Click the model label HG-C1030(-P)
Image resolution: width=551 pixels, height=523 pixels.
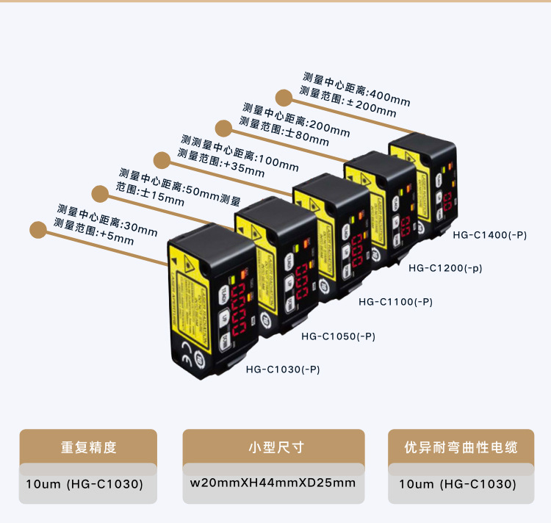[283, 369]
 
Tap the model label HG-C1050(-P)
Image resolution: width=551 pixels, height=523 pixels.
[339, 336]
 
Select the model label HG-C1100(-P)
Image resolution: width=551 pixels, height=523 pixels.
[395, 301]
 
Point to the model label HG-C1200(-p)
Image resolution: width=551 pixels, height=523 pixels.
[446, 268]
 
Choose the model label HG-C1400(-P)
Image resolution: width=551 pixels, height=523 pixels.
[490, 235]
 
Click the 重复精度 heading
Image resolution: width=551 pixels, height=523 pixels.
[88, 447]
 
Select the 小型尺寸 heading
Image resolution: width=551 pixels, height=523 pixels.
[273, 447]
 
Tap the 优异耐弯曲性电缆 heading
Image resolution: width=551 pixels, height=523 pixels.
[461, 447]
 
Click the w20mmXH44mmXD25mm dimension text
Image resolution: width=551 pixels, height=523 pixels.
[273, 483]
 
